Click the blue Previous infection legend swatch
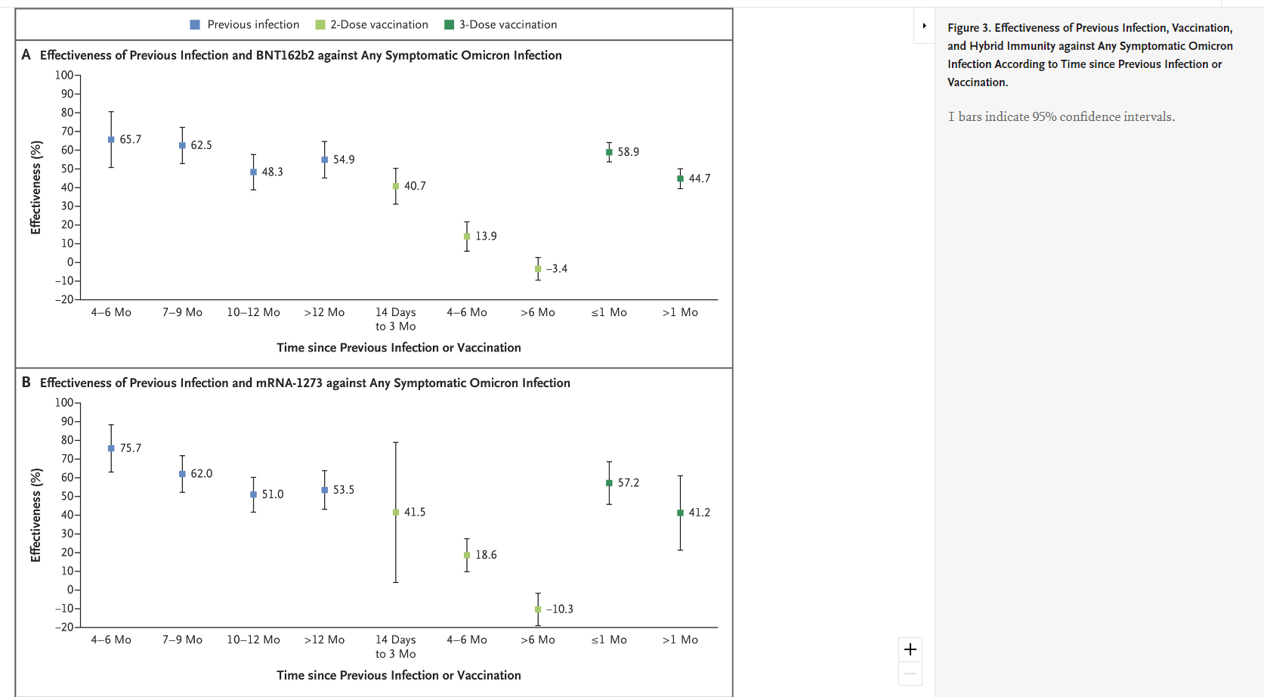tap(195, 25)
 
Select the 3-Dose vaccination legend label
tap(508, 25)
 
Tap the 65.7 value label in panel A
tap(130, 140)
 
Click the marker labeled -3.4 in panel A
tap(538, 268)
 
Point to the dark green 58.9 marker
tap(609, 152)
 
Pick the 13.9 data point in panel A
tap(467, 237)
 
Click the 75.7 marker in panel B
tap(111, 448)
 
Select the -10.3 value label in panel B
tap(560, 609)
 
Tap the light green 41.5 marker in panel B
tap(396, 513)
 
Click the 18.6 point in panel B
tap(467, 555)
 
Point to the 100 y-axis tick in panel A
tap(64, 75)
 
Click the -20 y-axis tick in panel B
tap(64, 627)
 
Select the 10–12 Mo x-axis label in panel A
tap(253, 312)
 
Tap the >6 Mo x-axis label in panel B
tap(537, 640)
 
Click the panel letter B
tap(26, 383)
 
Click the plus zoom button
tap(910, 649)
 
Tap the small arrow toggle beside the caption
tap(924, 26)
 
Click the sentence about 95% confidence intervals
tap(1062, 116)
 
